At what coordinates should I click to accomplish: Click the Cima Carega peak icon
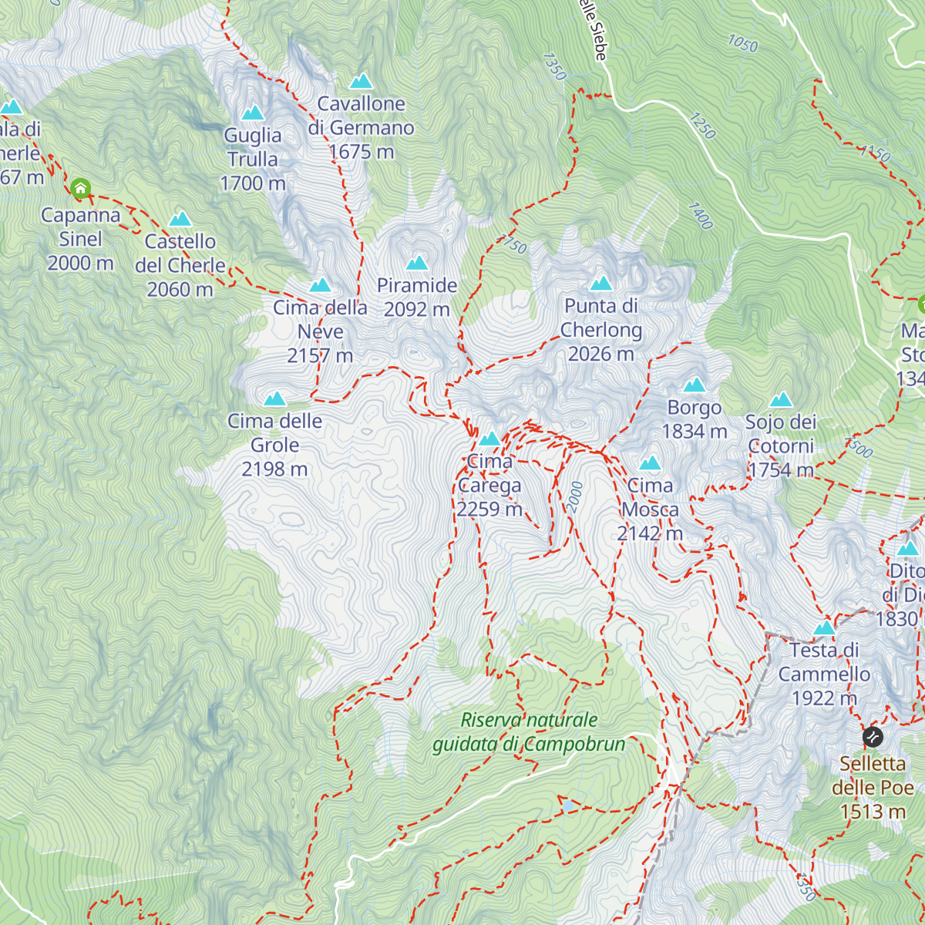(489, 439)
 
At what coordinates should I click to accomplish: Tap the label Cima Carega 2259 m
(489, 486)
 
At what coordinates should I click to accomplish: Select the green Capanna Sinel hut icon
(80, 188)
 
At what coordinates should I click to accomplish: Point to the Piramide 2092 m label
(417, 298)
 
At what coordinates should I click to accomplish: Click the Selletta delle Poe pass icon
(873, 737)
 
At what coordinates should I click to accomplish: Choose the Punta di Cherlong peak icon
(601, 284)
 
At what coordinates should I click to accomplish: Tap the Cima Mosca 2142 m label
(650, 510)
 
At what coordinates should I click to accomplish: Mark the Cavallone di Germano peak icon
(361, 82)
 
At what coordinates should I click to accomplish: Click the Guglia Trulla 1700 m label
(253, 160)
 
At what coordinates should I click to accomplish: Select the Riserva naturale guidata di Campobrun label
(529, 732)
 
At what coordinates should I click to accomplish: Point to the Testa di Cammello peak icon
(824, 628)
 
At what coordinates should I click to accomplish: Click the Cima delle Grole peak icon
(275, 399)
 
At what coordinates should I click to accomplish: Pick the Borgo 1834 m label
(695, 419)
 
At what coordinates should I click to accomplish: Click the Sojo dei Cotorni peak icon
(782, 400)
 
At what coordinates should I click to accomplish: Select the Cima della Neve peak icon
(320, 286)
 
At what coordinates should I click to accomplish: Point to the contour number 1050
(742, 44)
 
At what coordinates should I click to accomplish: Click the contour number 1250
(702, 126)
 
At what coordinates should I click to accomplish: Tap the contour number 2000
(575, 497)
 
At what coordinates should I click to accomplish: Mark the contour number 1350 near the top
(554, 66)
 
